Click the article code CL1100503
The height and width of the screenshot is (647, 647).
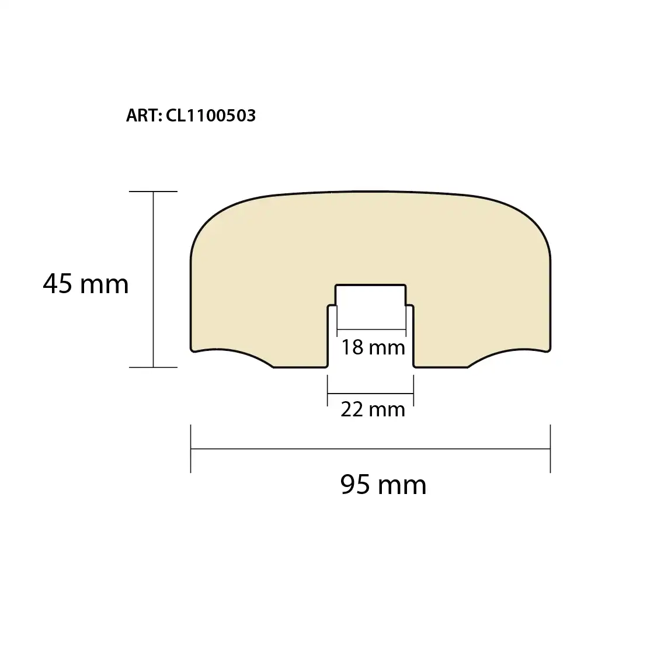pyautogui.click(x=211, y=116)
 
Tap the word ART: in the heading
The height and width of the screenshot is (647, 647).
pyautogui.click(x=144, y=116)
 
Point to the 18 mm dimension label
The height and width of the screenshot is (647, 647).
pyautogui.click(x=373, y=347)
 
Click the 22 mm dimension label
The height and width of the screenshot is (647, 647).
pyautogui.click(x=373, y=410)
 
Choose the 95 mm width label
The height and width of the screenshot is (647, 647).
pyautogui.click(x=383, y=485)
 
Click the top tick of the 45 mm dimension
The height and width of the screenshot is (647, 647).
pyautogui.click(x=153, y=192)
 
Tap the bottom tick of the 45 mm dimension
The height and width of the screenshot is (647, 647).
pyautogui.click(x=153, y=367)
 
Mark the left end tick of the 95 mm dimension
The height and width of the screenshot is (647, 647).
pyautogui.click(x=190, y=448)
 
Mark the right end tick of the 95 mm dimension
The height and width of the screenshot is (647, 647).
pyautogui.click(x=551, y=448)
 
